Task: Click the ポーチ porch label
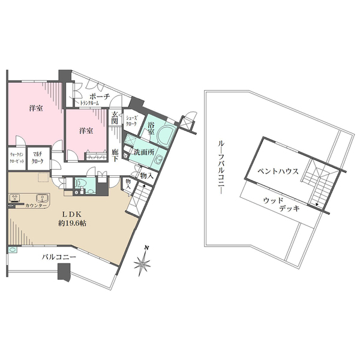[x=100, y=97]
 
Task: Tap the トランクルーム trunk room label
[x=89, y=103]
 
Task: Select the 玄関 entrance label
[x=115, y=117]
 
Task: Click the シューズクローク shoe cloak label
[x=131, y=121]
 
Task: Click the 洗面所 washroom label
[x=144, y=152]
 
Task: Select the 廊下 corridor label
[x=115, y=155]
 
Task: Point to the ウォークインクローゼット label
[x=17, y=158]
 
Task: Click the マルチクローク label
[x=37, y=158]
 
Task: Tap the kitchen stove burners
[x=14, y=197]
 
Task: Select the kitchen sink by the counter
[x=42, y=197]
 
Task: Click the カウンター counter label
[x=35, y=205]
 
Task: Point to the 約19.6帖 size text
[x=72, y=223]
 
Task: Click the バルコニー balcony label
[x=59, y=257]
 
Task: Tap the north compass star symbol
[x=142, y=262]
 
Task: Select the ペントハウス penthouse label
[x=278, y=171]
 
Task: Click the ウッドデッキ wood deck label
[x=281, y=205]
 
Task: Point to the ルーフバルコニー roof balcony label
[x=221, y=168]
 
